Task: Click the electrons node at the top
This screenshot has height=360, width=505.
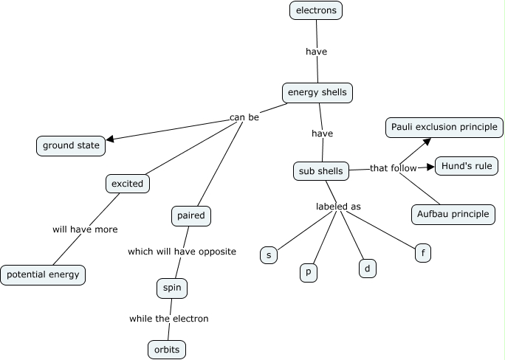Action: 316,10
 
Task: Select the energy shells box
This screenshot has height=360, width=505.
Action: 317,93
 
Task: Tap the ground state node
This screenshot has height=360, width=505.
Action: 71,146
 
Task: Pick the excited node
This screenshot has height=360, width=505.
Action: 127,184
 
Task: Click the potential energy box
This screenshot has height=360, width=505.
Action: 43,275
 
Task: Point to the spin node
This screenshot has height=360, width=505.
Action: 172,288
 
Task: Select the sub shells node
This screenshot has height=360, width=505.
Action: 320,172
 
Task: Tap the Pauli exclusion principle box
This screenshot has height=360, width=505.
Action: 444,127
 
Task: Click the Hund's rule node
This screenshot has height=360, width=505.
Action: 466,166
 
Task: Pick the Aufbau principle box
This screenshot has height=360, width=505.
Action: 453,214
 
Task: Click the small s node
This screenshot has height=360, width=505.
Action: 269,255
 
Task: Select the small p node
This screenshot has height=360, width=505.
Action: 309,271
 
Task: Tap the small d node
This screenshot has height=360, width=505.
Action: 367,269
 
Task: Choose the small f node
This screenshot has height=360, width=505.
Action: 423,253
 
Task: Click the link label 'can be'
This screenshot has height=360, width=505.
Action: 244,117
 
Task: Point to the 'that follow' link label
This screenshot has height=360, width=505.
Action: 394,168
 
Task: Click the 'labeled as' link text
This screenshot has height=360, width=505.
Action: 338,207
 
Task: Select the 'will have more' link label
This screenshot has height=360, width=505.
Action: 85,229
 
